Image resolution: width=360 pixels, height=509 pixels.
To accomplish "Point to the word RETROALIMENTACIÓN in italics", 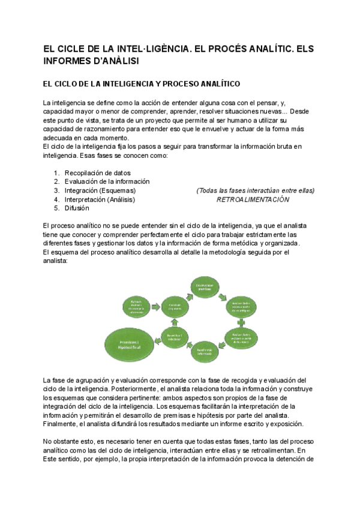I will click(x=253, y=199).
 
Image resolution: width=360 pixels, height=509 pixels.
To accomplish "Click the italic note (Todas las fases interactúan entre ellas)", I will click(x=255, y=190).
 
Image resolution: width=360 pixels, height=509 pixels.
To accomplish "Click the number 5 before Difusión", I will click(x=56, y=208).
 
